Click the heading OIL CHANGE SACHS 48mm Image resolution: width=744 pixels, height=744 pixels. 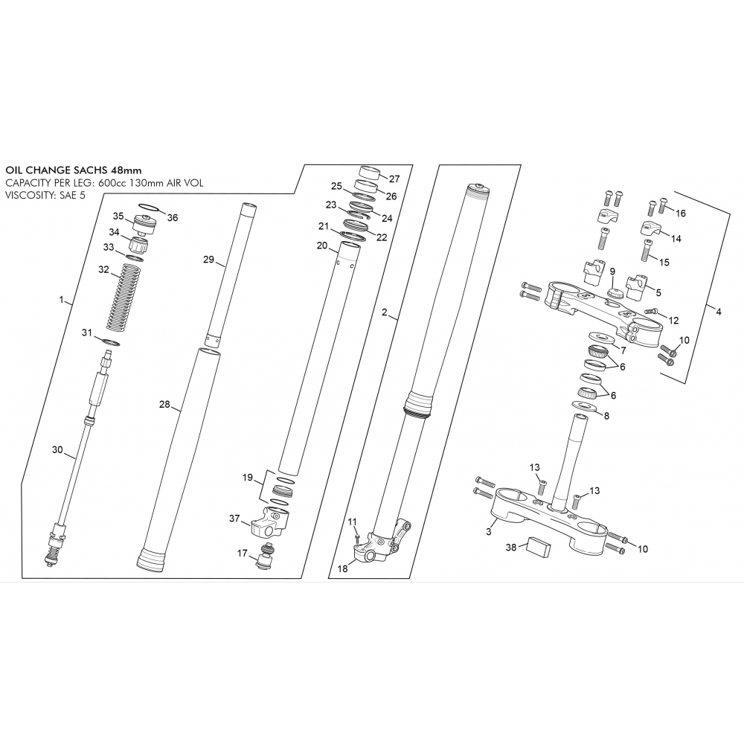[x=74, y=170]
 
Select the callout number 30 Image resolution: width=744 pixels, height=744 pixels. [x=57, y=449]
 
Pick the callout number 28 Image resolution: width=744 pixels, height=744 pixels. [x=164, y=404]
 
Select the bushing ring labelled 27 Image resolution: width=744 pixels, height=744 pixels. [x=369, y=173]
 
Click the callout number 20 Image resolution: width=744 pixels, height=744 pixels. [x=321, y=246]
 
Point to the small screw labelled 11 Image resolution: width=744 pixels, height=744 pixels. [x=357, y=538]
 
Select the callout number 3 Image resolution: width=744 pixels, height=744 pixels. [x=489, y=532]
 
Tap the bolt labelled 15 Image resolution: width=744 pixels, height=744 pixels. [x=647, y=250]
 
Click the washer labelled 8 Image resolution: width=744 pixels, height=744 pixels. [x=585, y=405]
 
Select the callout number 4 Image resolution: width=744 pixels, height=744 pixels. [x=719, y=312]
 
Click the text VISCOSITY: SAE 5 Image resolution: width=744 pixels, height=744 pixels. [x=45, y=195]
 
